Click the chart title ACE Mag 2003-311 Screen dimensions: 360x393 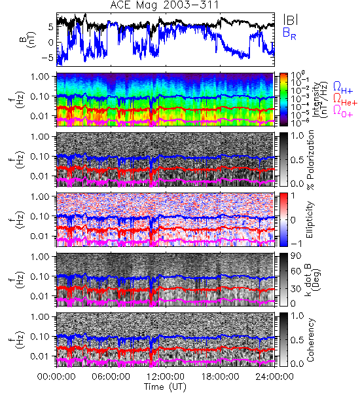click(x=164, y=5)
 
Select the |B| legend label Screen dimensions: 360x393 click(x=291, y=19)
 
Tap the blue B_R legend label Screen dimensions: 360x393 click(x=289, y=33)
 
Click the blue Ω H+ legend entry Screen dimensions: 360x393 click(x=343, y=88)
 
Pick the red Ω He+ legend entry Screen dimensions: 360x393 click(x=345, y=100)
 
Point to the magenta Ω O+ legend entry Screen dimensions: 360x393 click(x=343, y=111)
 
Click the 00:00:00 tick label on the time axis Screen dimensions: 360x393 click(x=56, y=377)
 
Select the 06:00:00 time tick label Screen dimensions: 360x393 click(x=111, y=377)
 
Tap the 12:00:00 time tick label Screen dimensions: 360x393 click(x=166, y=377)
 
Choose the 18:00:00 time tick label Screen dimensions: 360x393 click(x=220, y=377)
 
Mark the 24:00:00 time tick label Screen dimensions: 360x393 click(x=274, y=377)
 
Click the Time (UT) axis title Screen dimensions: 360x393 click(x=166, y=386)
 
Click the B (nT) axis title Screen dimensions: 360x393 click(x=29, y=40)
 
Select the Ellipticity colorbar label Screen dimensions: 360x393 click(x=310, y=219)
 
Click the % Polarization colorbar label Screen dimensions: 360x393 click(x=310, y=160)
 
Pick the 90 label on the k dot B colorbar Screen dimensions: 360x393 click(x=296, y=256)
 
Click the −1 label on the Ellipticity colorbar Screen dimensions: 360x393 click(x=296, y=243)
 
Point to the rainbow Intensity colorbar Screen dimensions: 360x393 click(x=283, y=100)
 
